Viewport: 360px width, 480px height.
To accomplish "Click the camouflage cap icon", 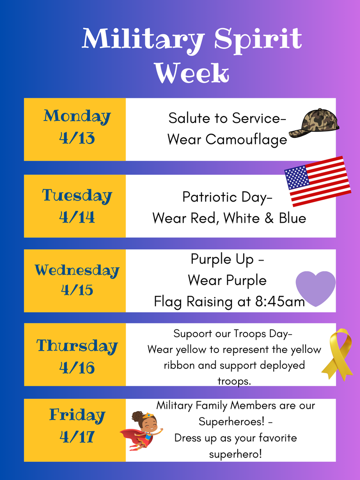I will [x=314, y=123].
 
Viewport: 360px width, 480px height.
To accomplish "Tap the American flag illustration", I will [x=318, y=181].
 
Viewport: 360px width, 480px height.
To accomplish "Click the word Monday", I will [x=77, y=116].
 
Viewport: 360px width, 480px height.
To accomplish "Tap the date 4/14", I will [x=77, y=217].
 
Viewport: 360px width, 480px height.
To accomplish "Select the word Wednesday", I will [x=77, y=270].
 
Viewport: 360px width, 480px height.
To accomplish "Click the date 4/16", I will [x=77, y=367].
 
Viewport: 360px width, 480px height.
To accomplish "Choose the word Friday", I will [x=77, y=415].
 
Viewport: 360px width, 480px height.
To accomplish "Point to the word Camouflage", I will [x=247, y=140].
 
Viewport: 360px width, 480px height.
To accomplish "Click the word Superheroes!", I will [x=232, y=421].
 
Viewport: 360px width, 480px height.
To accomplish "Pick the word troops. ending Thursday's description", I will [x=234, y=381].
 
